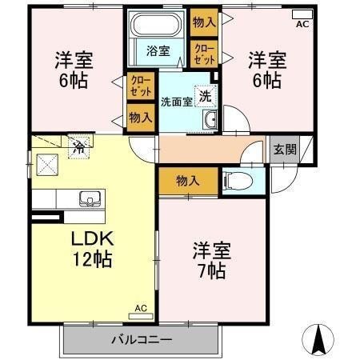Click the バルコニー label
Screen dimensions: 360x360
tap(142, 340)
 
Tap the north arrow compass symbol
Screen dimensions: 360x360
tap(319, 340)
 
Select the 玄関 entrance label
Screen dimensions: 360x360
tap(284, 149)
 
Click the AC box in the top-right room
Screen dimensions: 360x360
tap(302, 14)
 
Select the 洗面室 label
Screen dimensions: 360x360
tap(176, 102)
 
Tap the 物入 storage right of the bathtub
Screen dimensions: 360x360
tap(204, 22)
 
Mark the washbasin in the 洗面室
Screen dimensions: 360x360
tap(210, 121)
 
